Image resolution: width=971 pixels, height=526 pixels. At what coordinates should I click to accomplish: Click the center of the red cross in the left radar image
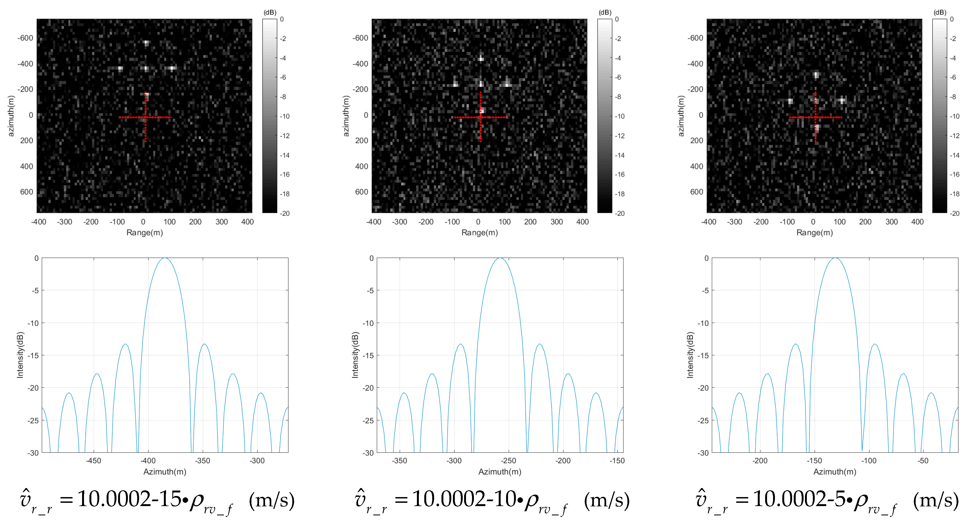(x=145, y=117)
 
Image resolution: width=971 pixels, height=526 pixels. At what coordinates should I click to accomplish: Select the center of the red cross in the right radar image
(x=815, y=117)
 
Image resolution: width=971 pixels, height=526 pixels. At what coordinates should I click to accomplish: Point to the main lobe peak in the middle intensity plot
(x=500, y=258)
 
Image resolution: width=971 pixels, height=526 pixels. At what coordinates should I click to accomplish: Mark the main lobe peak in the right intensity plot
(x=835, y=258)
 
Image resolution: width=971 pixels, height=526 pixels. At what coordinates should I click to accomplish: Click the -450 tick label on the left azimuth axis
(x=94, y=461)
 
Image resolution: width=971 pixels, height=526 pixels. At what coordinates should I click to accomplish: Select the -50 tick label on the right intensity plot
(x=923, y=461)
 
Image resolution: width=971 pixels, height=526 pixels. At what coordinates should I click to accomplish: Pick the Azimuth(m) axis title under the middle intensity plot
(x=500, y=472)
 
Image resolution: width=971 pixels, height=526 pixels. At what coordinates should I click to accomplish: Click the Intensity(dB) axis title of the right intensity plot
(x=690, y=355)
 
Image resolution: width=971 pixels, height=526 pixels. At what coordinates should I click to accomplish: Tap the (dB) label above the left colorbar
(x=269, y=13)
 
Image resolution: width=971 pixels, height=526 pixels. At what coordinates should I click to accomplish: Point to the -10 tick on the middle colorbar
(x=620, y=116)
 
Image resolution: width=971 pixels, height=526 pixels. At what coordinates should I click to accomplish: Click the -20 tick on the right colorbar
(x=954, y=213)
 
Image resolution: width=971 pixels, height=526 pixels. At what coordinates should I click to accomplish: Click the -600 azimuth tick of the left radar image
(x=25, y=38)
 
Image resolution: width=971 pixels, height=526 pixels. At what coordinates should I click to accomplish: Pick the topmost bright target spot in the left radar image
(x=146, y=43)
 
